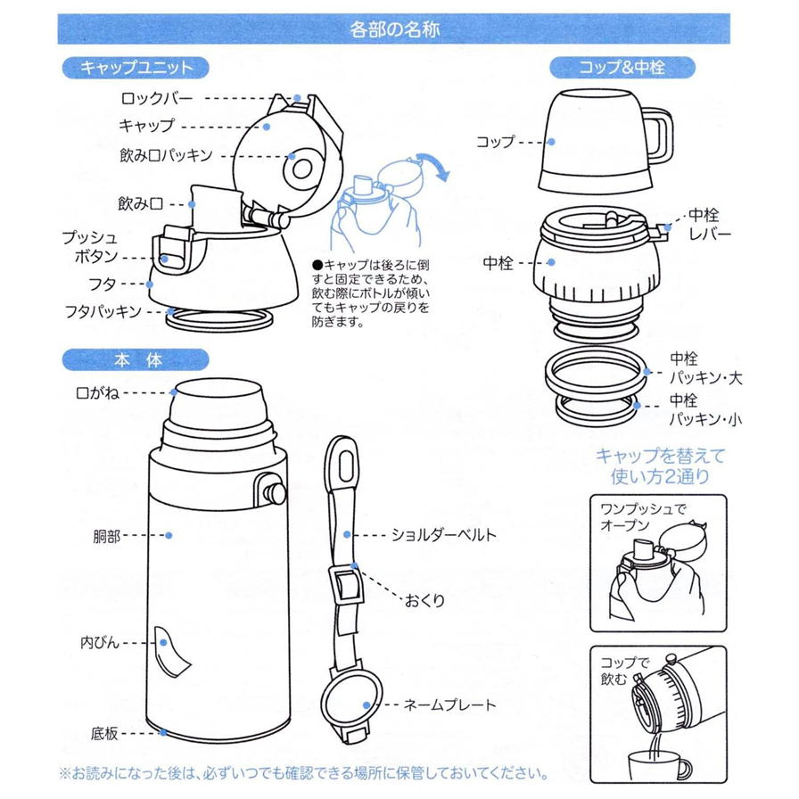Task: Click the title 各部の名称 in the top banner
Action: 394,29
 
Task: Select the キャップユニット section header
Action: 136,67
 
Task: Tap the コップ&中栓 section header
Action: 622,67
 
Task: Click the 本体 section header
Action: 136,360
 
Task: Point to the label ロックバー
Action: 157,98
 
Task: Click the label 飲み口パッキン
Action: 166,155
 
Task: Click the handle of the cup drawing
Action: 659,136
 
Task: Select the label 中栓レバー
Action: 709,225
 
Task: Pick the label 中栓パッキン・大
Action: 705,368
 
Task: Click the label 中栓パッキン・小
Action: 705,409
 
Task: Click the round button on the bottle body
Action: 274,491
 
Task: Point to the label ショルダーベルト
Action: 443,535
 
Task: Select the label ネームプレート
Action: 449,705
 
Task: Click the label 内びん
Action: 100,643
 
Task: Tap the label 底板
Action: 104,733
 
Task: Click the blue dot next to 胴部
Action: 169,536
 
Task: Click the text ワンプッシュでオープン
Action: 643,517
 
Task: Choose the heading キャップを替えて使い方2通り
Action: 661,465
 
